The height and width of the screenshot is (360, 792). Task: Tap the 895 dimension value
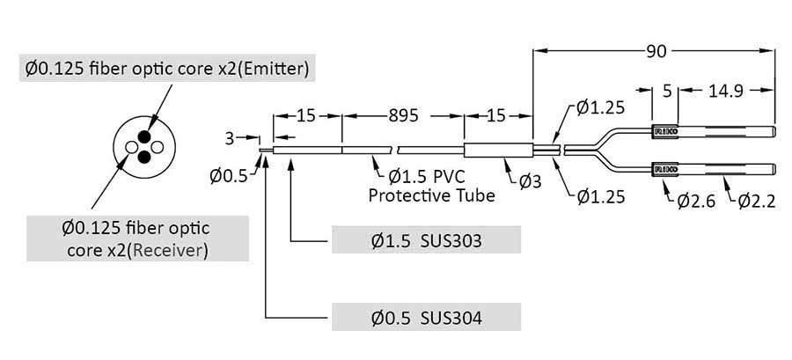[403, 116]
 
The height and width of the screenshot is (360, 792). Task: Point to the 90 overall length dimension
[656, 52]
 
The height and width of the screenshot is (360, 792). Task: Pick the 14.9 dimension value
[728, 90]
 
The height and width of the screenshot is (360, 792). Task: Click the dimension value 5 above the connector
[666, 90]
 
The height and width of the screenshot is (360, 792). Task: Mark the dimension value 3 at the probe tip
[230, 137]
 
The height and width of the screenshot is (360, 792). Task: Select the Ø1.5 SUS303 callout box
[426, 239]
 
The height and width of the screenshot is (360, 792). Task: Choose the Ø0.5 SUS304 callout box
[426, 316]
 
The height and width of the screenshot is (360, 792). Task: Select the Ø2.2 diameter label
[755, 200]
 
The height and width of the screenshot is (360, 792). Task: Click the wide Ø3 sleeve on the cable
[498, 151]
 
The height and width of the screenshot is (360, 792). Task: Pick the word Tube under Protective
[476, 195]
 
